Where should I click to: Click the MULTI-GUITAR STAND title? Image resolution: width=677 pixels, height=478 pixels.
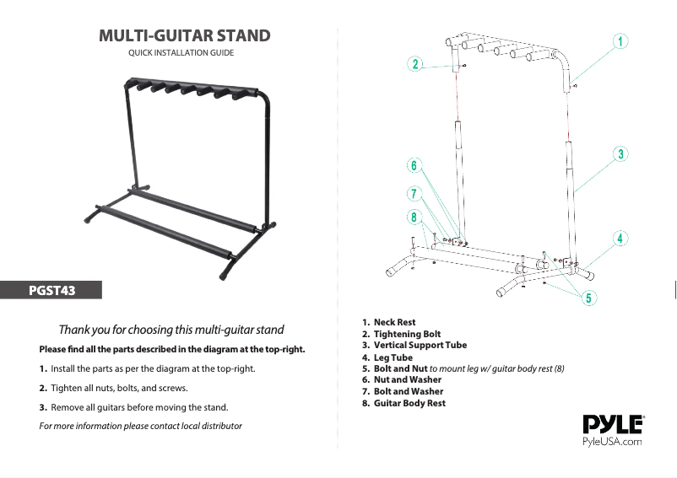tap(185, 35)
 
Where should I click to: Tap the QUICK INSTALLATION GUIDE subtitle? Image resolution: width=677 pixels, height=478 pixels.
tap(181, 53)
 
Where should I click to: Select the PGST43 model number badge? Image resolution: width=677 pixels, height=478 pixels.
tap(52, 291)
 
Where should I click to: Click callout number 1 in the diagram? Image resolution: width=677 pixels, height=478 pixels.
tap(620, 40)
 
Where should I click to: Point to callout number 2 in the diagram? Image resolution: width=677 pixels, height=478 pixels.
tap(414, 64)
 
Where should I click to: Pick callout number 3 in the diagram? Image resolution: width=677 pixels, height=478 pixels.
tap(620, 153)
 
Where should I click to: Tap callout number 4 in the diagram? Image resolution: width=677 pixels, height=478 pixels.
tap(620, 238)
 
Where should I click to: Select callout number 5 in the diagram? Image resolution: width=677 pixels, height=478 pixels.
tap(588, 298)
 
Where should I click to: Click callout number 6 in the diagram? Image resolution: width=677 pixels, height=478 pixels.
tap(414, 166)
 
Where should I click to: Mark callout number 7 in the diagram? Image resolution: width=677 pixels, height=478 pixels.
tap(414, 192)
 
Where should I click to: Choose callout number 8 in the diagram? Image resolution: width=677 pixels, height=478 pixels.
tap(414, 218)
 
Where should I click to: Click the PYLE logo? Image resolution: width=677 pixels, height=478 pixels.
tap(614, 424)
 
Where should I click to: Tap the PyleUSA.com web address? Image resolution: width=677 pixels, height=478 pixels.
tap(613, 441)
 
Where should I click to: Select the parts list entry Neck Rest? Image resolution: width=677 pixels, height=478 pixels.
tap(394, 322)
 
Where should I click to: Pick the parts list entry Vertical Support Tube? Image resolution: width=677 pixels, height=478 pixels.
tap(420, 345)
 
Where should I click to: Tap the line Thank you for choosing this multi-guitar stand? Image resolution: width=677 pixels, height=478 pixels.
tap(171, 329)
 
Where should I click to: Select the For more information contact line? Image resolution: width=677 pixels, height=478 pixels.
tap(141, 425)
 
